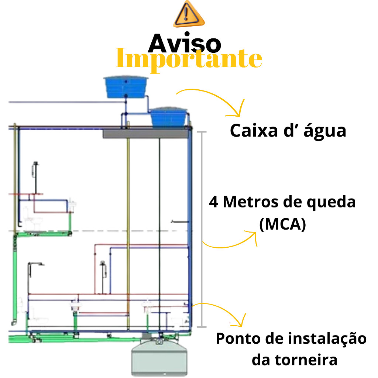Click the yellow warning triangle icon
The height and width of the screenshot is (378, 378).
point(189,14)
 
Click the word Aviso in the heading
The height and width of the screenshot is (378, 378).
point(185,43)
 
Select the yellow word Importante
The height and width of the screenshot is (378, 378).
point(189,59)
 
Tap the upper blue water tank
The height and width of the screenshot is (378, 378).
point(126,87)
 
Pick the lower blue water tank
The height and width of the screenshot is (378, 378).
point(168,117)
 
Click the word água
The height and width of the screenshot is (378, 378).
point(325,131)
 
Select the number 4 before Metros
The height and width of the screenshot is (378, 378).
point(214,202)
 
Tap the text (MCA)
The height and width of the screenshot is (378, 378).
point(282,224)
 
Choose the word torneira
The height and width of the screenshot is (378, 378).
point(306,360)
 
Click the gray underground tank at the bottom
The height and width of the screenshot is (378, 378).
point(159,357)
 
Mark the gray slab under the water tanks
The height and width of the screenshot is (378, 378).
point(145,134)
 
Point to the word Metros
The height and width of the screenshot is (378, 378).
point(251,202)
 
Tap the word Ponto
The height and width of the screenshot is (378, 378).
point(238,339)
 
